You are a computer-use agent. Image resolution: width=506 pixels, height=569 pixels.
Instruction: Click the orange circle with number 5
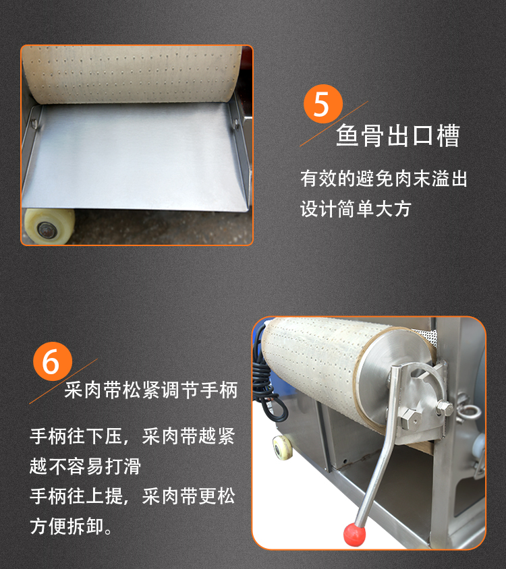pos(323,104)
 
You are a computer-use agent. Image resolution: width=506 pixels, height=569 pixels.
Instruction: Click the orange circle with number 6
pos(53,361)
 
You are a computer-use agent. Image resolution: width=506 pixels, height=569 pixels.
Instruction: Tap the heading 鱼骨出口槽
pos(398,136)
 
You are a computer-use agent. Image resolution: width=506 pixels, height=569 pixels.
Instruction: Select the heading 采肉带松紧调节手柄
pos(151,390)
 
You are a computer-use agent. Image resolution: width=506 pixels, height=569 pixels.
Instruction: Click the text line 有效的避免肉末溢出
pos(384,179)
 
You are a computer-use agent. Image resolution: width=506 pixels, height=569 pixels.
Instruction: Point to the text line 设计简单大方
pos(356,209)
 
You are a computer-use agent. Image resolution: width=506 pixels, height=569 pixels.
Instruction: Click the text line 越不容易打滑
pos(86,466)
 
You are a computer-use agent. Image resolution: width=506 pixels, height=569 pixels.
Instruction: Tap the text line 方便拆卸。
pos(72,526)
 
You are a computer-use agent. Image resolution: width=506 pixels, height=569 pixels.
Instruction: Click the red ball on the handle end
pos(354,534)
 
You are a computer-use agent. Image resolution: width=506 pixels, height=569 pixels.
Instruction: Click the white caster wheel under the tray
pos(49,226)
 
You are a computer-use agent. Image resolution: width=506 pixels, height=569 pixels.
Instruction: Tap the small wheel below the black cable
pos(282,448)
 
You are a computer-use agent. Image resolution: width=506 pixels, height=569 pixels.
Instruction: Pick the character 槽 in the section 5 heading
pos(448,136)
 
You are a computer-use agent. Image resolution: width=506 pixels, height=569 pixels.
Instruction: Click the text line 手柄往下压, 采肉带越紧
pos(132,436)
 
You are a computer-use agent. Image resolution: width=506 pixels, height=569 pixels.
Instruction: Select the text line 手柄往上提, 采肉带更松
pos(132,496)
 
